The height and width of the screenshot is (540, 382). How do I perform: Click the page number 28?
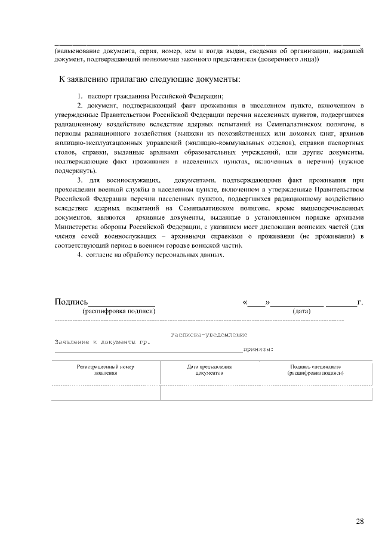tap(360, 522)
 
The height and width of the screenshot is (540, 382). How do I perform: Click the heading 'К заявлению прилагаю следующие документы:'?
tap(149, 79)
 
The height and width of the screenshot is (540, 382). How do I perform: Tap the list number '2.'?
tap(81, 105)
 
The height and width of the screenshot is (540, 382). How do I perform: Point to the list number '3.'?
tap(81, 180)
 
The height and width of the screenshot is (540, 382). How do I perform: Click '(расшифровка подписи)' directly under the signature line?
tap(119, 311)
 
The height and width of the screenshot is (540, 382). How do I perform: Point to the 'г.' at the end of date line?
tap(360, 303)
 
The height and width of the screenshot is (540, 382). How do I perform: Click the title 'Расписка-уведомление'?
tap(208, 335)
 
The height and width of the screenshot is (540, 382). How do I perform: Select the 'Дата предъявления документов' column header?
tap(209, 369)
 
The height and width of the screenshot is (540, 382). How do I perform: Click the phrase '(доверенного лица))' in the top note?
tap(289, 59)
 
